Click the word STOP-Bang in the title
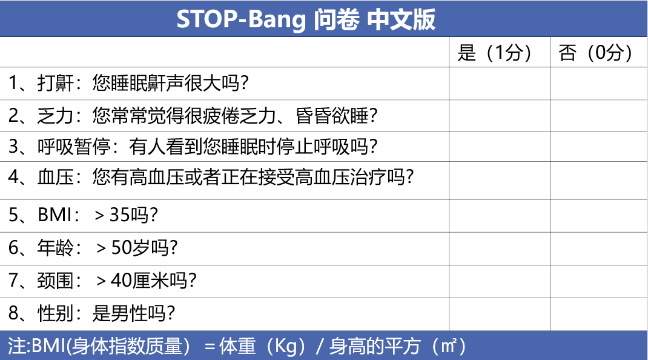pos(241,19)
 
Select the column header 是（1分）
pos(494,53)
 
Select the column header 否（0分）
pos(595,53)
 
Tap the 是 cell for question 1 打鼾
pos(500,84)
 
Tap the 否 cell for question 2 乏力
pos(599,115)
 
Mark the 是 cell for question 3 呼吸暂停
pos(500,147)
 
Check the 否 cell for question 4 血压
pos(599,181)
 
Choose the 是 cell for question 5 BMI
pos(500,216)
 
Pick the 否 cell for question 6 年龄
pos(599,248)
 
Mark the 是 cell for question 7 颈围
pos(500,281)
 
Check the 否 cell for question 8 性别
pos(599,314)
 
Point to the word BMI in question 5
pos(55,215)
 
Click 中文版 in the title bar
pos(401,19)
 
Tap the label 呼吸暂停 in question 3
pos(74,147)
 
